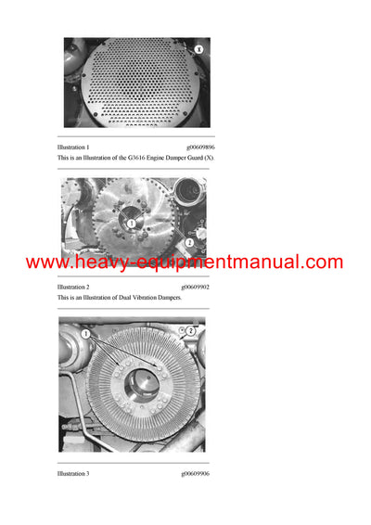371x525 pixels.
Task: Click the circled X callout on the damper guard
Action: tap(198, 47)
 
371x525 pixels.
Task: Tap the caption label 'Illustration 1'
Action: tap(74, 147)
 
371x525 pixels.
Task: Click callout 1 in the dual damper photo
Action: tap(132, 224)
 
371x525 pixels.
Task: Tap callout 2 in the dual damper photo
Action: tap(190, 242)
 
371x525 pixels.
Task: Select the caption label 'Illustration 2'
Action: tap(74, 288)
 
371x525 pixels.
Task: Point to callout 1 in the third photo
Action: tap(85, 333)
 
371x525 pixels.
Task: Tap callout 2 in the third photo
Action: tap(189, 331)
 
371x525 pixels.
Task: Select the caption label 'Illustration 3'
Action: tap(74, 474)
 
